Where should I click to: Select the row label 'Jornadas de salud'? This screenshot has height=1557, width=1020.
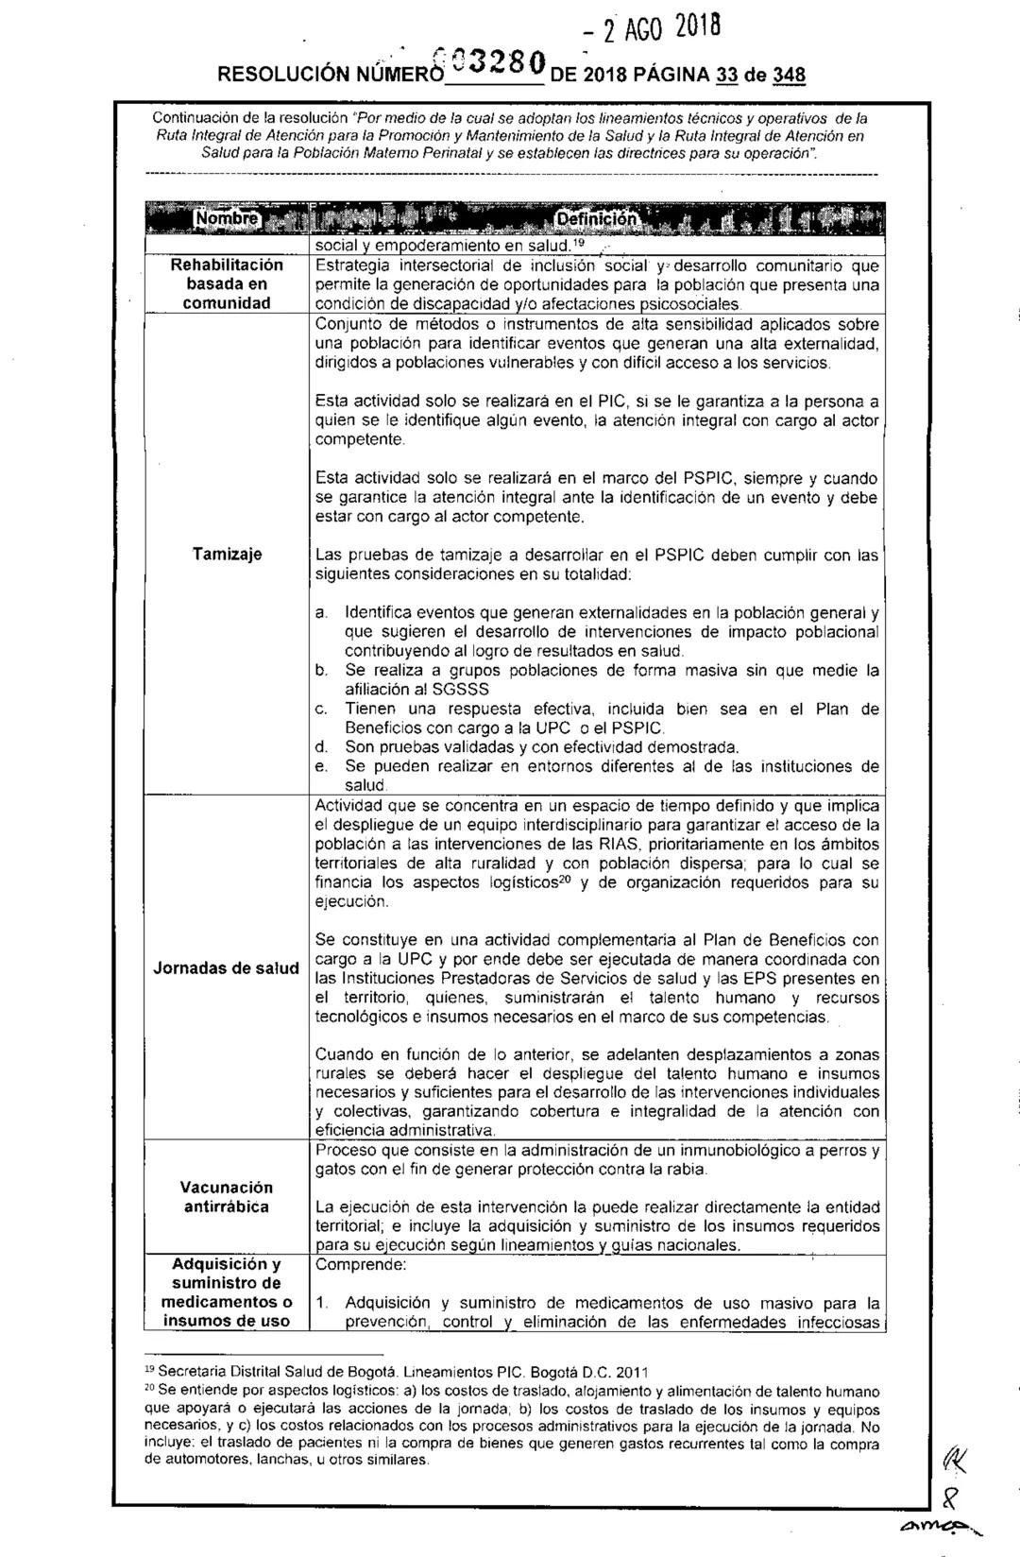[226, 968]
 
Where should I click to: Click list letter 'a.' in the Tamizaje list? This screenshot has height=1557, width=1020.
[322, 614]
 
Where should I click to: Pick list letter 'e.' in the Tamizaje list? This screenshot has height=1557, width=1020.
[322, 766]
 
